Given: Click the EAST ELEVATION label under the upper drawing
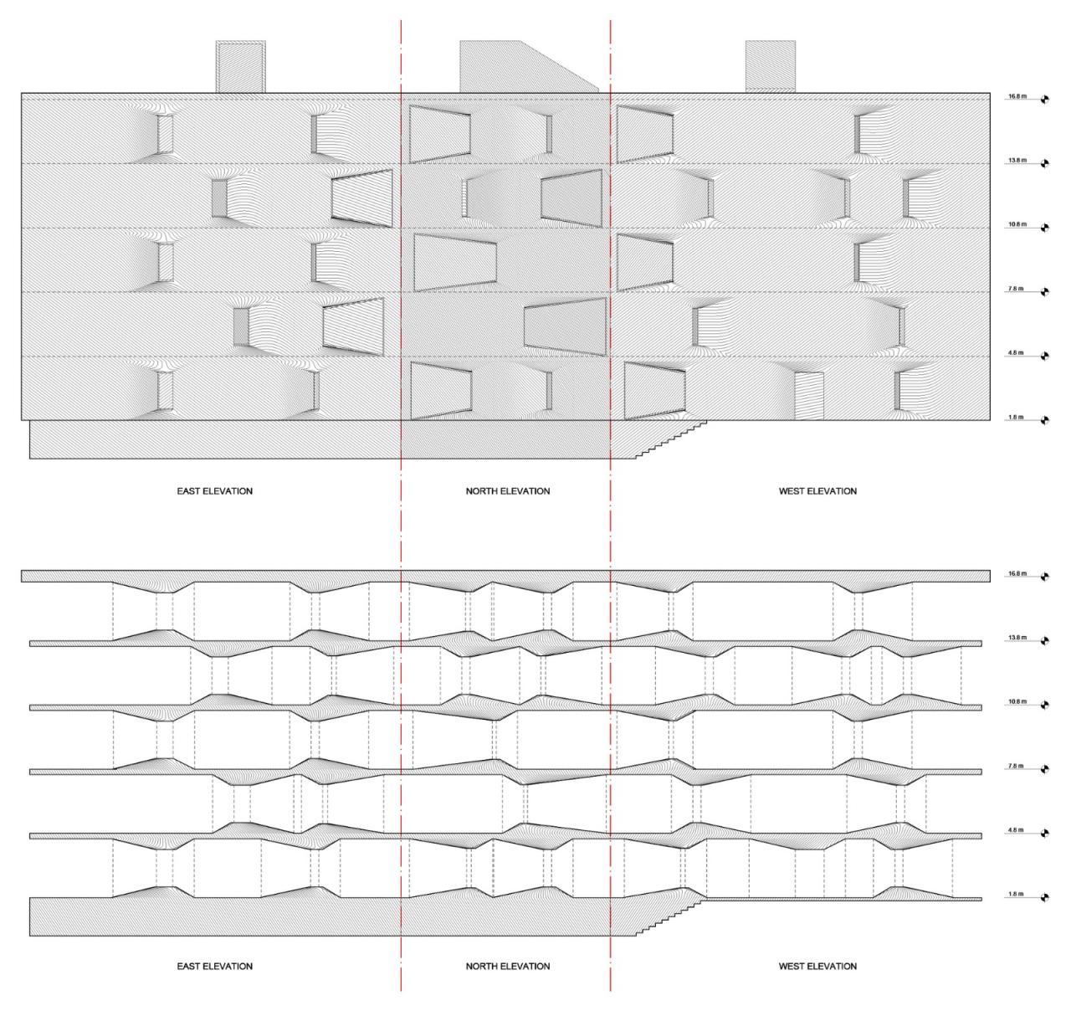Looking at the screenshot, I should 214,491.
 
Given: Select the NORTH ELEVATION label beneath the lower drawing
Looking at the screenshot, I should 508,967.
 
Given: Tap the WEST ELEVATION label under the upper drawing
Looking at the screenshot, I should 817,491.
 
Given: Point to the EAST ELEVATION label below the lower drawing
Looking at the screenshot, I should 214,967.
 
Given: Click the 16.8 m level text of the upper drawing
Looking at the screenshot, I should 1017,96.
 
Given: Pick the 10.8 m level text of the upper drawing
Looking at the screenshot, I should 1017,224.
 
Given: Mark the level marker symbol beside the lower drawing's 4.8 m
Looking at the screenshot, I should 1043,834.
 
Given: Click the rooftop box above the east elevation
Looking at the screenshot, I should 241,66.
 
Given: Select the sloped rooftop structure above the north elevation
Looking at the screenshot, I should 519,67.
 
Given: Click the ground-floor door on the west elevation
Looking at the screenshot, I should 809,396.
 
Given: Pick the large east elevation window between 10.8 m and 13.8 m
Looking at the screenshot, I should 362,199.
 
